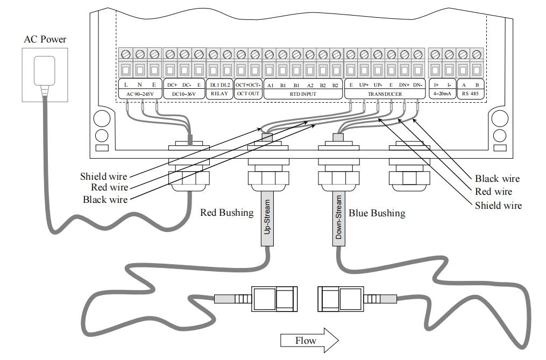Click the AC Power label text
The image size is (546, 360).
tap(45, 39)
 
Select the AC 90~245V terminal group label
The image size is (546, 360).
tap(140, 94)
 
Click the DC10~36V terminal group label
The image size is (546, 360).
tap(184, 94)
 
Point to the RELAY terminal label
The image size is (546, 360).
tap(219, 94)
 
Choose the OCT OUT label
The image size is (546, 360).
tap(248, 94)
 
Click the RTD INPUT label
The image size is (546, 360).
tap(303, 94)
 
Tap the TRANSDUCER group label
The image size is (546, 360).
tap(385, 94)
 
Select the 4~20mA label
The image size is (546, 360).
tap(442, 94)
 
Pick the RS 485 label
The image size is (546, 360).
tap(470, 94)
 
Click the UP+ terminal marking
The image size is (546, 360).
tap(364, 85)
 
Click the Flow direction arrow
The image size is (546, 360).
tap(309, 340)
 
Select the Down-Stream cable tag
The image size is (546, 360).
tap(338, 218)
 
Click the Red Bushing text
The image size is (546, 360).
tap(226, 213)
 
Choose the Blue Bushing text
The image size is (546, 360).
tap(377, 213)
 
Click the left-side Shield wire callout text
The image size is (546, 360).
tap(104, 177)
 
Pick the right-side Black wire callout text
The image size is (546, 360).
tap(497, 179)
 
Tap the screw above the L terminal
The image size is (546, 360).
tap(126, 54)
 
